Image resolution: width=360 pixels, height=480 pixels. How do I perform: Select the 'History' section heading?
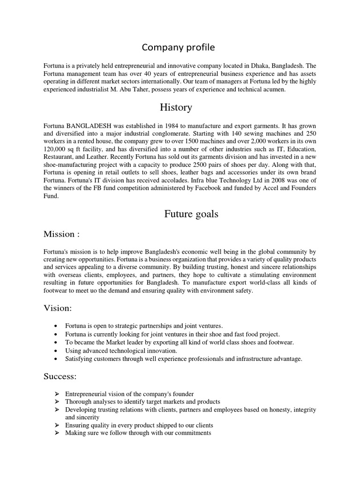(x=176, y=107)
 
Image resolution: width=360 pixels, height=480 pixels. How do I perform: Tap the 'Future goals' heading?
(x=191, y=214)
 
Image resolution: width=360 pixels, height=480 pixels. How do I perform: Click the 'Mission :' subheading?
(x=62, y=233)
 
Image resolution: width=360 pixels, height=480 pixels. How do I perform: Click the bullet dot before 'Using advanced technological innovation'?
(x=56, y=351)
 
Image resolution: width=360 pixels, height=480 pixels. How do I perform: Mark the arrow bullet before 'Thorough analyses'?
(x=56, y=402)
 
